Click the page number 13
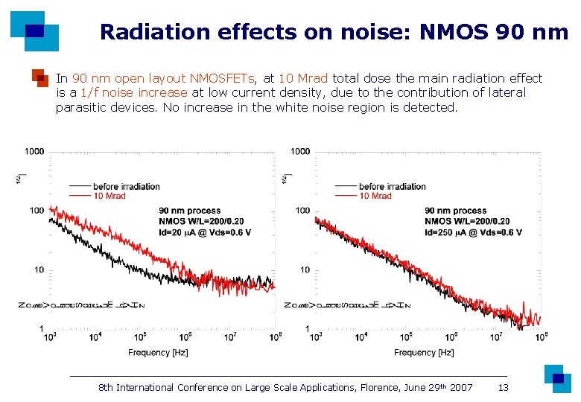click(504, 387)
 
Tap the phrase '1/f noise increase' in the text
click(133, 92)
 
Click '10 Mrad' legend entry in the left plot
click(111, 196)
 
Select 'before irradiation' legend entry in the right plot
click(392, 186)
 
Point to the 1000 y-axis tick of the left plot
click(34, 151)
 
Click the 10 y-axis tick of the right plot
click(305, 269)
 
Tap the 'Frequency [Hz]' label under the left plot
click(158, 352)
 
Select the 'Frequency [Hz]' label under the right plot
click(424, 352)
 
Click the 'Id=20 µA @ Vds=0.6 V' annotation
click(205, 232)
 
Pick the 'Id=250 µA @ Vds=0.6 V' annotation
click(473, 232)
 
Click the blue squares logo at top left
click(34, 30)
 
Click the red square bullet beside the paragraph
click(39, 78)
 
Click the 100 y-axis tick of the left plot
click(36, 211)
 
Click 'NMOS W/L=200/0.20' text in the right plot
click(467, 221)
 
